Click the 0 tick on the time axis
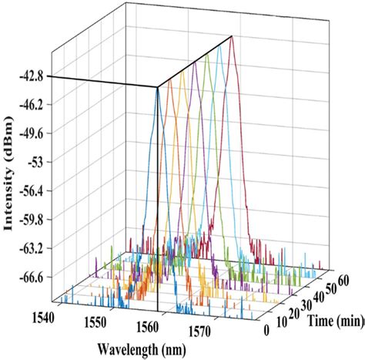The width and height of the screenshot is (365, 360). click(266, 331)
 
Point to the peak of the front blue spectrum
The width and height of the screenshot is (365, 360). click(157, 87)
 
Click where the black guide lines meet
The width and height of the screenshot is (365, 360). click(157, 87)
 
